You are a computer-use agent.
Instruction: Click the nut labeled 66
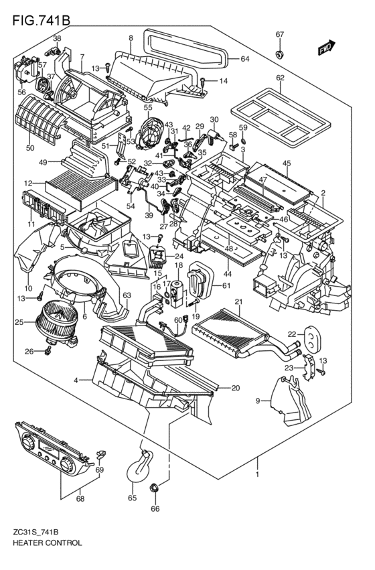click(x=155, y=489)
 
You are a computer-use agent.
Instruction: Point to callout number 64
click(x=244, y=59)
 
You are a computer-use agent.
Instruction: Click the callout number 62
click(x=280, y=77)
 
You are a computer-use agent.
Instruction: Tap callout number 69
click(x=100, y=470)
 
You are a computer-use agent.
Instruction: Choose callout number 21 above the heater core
click(x=238, y=302)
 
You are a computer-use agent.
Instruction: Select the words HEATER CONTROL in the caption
click(x=48, y=543)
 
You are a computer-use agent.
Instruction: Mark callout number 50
click(x=30, y=147)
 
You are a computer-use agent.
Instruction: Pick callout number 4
click(x=77, y=380)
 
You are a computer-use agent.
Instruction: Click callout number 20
click(x=235, y=388)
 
